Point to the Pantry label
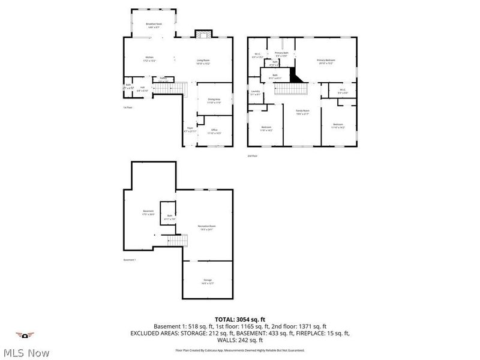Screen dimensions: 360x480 pos(163,78)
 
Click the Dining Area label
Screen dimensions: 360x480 pos(214,101)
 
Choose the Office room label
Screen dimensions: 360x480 pos(214,131)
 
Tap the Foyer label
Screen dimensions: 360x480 pos(190,130)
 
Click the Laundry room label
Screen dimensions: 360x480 pos(255,92)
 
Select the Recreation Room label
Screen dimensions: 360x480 pos(207,227)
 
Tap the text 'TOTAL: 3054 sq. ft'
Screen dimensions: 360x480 pos(240,319)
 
